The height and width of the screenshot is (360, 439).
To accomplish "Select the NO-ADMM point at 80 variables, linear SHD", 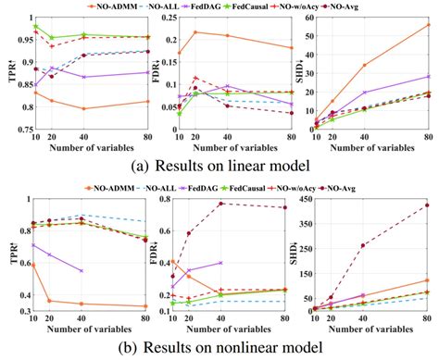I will (x=428, y=25).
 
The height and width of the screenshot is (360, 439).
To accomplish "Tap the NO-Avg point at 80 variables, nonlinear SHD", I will (x=428, y=205).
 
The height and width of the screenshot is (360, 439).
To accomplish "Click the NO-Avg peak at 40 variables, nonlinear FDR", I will (x=221, y=204).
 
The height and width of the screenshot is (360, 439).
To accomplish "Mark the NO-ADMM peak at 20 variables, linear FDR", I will (x=194, y=32).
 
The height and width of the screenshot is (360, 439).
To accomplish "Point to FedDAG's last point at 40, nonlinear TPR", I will (x=82, y=270).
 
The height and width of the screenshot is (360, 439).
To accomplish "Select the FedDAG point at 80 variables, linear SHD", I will (x=428, y=77).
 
